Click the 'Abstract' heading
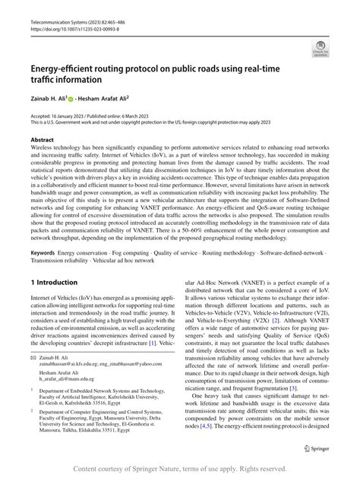(x=42, y=141)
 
